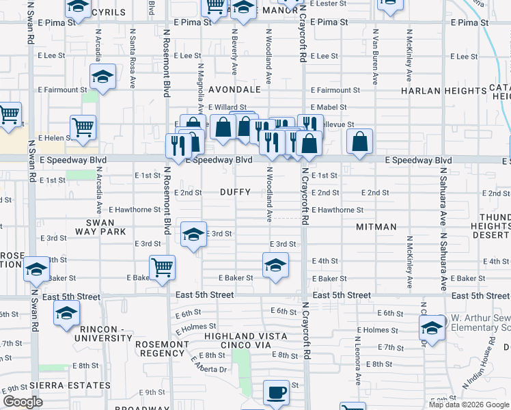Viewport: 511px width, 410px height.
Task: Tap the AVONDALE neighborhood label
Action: click(x=234, y=90)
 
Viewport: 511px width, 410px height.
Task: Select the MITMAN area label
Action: click(x=376, y=226)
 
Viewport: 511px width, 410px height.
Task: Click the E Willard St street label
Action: click(x=227, y=107)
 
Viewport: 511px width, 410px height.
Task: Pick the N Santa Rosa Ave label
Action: click(x=133, y=68)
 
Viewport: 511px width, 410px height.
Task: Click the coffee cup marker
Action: click(x=276, y=392)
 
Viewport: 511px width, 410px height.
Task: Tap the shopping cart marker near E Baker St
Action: click(x=163, y=266)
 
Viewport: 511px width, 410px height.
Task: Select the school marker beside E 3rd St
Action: click(x=194, y=234)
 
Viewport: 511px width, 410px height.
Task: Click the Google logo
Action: click(x=23, y=402)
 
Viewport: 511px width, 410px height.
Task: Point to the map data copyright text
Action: click(x=469, y=405)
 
